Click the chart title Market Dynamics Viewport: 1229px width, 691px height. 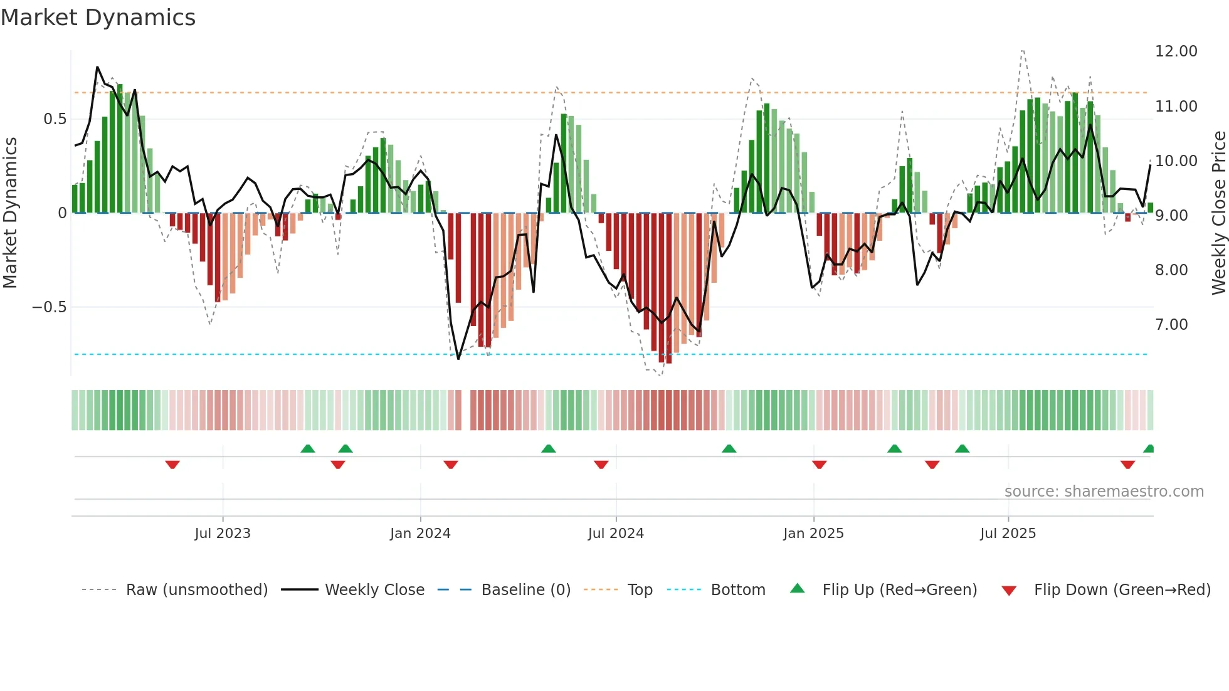tap(98, 18)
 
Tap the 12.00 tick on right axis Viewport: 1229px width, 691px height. tap(1176, 51)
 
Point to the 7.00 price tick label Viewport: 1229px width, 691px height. tap(1171, 325)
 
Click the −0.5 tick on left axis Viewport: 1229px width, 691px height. tap(49, 307)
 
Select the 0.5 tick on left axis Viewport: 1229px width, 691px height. tap(55, 119)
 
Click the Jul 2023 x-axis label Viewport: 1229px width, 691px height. tap(222, 534)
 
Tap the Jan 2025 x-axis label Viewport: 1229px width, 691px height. tap(813, 534)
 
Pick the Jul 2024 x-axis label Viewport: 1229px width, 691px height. tap(615, 534)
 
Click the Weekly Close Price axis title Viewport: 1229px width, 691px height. tap(1218, 213)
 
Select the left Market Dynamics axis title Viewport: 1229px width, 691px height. tap(10, 213)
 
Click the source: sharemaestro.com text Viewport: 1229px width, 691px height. tap(1104, 492)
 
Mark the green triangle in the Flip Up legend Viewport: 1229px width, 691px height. tap(797, 588)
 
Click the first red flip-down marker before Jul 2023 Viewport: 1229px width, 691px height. tap(172, 464)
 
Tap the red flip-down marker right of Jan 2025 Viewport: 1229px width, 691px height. tap(819, 464)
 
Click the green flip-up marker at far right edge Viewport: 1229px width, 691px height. tap(1149, 449)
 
